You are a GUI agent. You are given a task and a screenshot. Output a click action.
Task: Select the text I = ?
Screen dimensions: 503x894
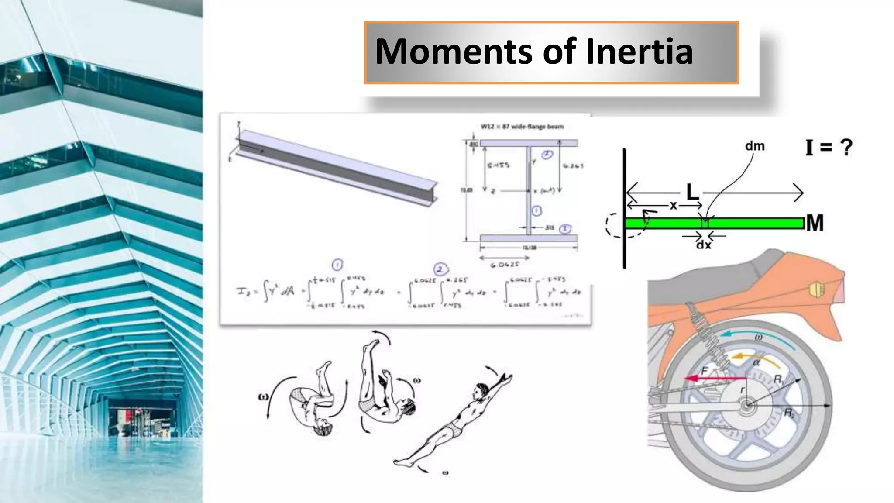pyautogui.click(x=829, y=147)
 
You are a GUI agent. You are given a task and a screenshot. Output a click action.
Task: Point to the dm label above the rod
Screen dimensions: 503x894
pyautogui.click(x=755, y=146)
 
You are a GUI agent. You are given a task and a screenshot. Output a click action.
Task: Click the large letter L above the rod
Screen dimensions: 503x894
pyautogui.click(x=692, y=192)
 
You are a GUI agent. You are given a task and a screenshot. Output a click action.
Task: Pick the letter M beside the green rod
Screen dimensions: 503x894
pyautogui.click(x=815, y=223)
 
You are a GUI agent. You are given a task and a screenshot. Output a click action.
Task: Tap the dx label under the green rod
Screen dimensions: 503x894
pyautogui.click(x=703, y=245)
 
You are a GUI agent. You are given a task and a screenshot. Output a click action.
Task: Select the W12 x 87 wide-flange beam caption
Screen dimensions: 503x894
pyautogui.click(x=522, y=127)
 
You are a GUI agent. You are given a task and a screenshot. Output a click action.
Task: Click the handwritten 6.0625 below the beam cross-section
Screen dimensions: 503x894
pyautogui.click(x=505, y=265)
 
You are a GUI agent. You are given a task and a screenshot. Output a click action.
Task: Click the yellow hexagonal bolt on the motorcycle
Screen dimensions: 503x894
pyautogui.click(x=816, y=289)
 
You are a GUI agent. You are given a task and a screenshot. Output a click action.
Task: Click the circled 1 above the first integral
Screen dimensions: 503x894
pyautogui.click(x=337, y=265)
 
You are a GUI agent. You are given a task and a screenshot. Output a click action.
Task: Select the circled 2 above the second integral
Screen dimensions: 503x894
pyautogui.click(x=440, y=269)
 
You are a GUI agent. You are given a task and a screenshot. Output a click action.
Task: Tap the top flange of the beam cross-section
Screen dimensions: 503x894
pyautogui.click(x=529, y=143)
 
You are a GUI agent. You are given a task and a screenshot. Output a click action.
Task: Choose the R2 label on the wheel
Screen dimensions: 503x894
pyautogui.click(x=790, y=413)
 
